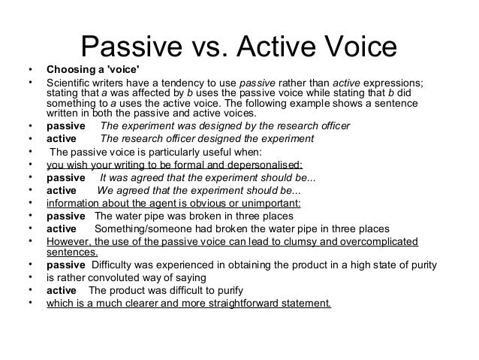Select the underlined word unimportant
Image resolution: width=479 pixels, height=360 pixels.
(x=264, y=203)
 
